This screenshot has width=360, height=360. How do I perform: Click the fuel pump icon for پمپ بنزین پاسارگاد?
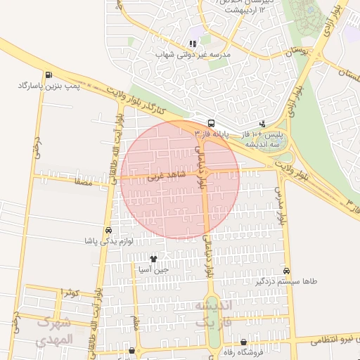(x=48, y=75)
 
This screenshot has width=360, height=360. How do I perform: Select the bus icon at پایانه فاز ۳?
(x=212, y=122)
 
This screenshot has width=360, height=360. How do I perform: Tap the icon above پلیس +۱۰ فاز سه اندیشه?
(x=262, y=123)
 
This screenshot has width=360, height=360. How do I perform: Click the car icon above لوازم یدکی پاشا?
(x=108, y=231)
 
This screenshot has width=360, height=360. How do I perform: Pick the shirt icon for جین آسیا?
(x=153, y=259)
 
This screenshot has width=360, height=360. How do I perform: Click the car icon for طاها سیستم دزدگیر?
(x=286, y=271)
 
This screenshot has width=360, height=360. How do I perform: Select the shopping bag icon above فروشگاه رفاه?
(x=243, y=342)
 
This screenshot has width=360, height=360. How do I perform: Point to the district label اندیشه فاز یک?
(x=212, y=314)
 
